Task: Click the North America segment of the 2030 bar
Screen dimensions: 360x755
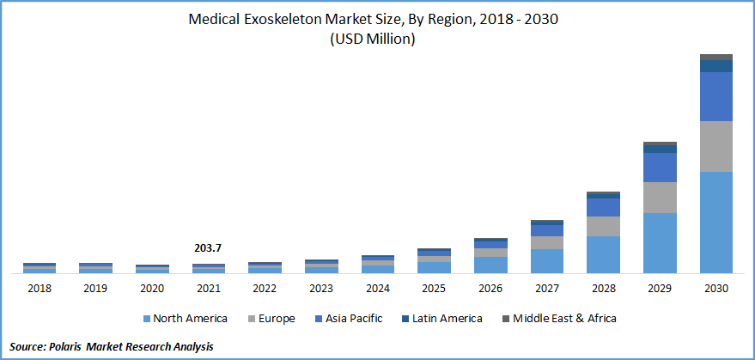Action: tap(716, 222)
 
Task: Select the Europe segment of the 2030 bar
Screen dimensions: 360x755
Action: tap(716, 146)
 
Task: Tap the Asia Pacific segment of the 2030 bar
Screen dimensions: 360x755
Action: tap(716, 96)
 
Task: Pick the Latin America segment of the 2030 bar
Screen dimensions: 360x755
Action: tap(716, 65)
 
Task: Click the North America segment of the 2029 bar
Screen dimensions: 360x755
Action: tap(660, 242)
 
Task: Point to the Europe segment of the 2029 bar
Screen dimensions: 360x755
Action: tap(660, 197)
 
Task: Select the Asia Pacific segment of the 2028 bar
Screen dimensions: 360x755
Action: tap(603, 207)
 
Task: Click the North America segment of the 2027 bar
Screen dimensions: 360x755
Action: tap(547, 260)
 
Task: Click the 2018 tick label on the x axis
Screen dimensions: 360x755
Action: tap(40, 289)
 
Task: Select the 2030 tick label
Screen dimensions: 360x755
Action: tap(716, 289)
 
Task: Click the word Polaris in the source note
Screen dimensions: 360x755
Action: tap(80, 346)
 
